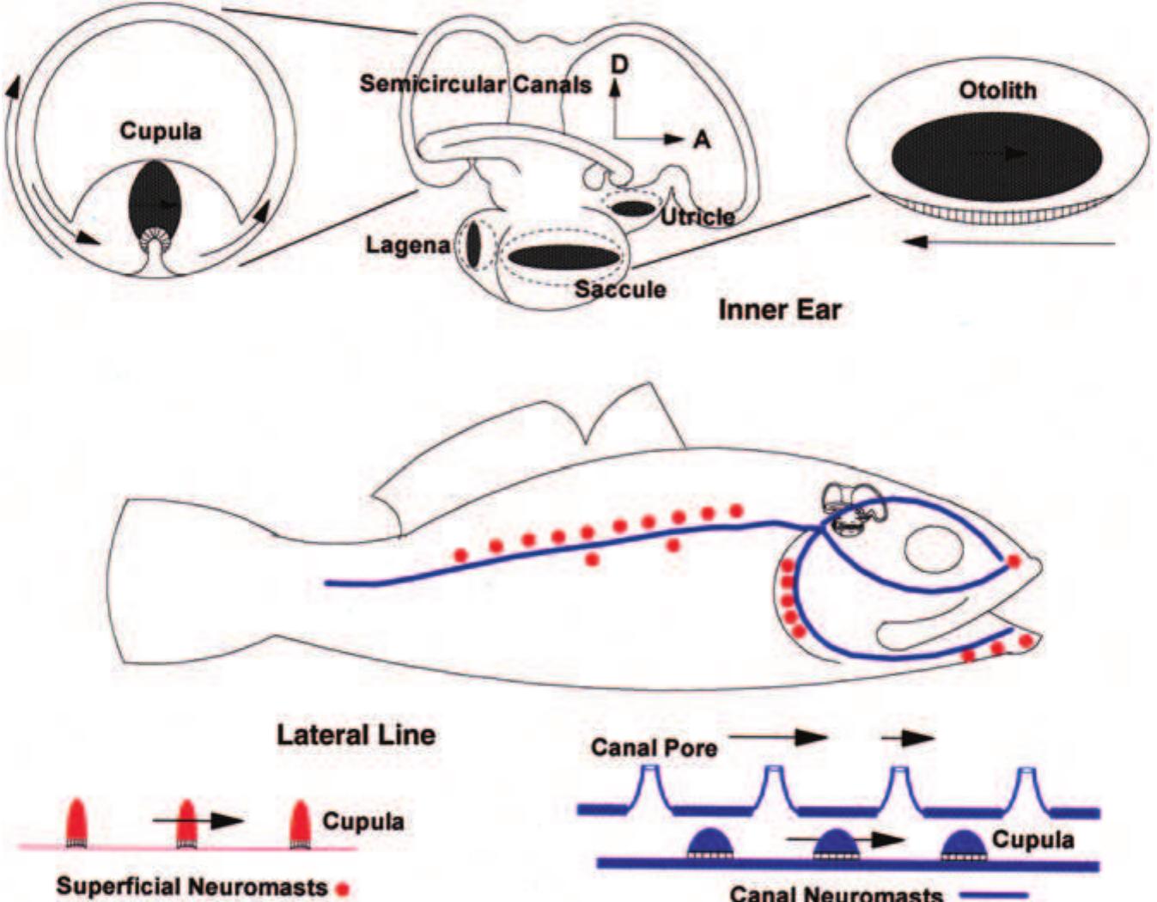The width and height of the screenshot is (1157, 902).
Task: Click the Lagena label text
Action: point(407,245)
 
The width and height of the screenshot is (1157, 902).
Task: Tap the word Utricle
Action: point(697,216)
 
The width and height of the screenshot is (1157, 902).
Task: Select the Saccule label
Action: point(620,289)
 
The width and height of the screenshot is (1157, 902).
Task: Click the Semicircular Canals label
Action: point(475,84)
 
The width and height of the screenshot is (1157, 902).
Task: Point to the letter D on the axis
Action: point(618,64)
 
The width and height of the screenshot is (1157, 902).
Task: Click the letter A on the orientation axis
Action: point(702,139)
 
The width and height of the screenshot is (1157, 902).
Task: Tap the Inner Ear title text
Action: point(779,309)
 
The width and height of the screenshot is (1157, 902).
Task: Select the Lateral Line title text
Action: point(356,734)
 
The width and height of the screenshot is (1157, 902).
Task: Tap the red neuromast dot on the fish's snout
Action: point(1014,561)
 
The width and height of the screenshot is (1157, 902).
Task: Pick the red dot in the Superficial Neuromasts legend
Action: point(343,889)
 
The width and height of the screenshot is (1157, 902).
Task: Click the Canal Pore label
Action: point(654,747)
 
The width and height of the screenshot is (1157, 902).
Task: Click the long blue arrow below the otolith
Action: point(1009,242)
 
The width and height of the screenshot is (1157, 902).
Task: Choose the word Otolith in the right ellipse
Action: point(996,90)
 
